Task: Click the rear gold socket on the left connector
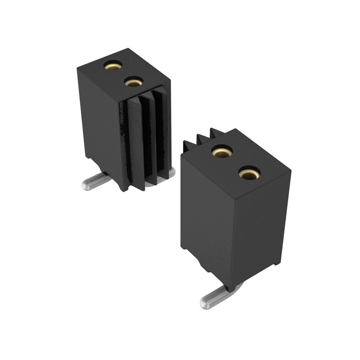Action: (112, 66)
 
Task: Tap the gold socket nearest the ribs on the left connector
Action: (133, 82)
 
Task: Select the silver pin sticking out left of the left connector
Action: (96, 181)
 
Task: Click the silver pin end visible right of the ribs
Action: (171, 171)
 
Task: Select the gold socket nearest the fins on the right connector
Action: (222, 152)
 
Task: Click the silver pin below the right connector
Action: (220, 295)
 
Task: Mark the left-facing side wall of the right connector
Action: (205, 216)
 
